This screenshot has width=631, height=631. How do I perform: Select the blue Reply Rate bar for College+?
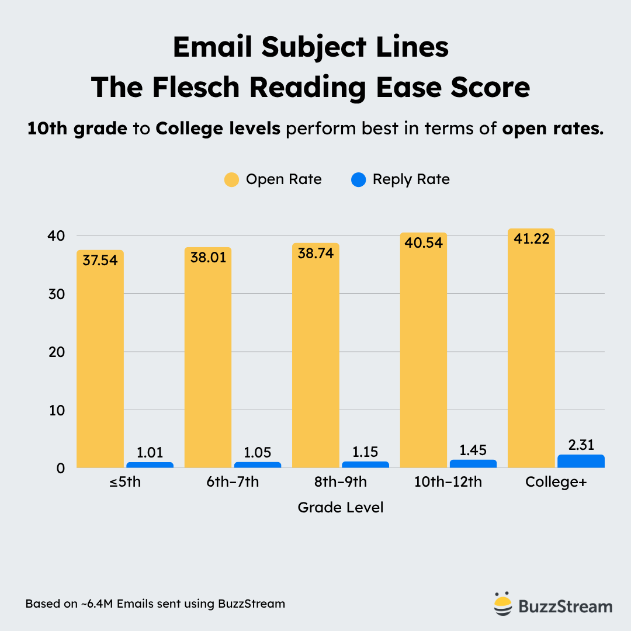581,462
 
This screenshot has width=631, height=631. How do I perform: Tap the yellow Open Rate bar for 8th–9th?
315,356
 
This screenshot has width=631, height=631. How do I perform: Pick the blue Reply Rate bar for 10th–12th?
473,464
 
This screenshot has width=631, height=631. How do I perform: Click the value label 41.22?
531,238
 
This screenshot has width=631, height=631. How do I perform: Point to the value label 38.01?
208,257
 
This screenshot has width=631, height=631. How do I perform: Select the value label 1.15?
365,452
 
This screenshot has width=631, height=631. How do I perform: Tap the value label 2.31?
581,445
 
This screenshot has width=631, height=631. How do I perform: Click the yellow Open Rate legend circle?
232,179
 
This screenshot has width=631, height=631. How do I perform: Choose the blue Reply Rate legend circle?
359,179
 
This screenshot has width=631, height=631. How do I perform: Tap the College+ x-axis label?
555,483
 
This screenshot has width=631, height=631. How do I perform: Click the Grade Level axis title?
341,507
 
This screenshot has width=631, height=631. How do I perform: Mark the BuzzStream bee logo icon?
501,605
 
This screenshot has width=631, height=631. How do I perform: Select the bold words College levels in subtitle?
218,129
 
